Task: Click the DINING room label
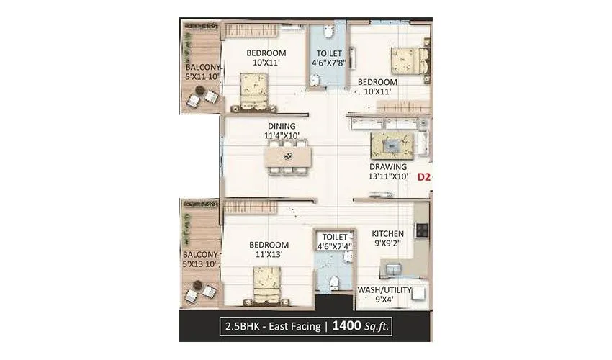(282, 126)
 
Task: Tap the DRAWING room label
(388, 166)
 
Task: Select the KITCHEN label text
(387, 234)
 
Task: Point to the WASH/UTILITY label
(384, 290)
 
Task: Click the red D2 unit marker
(424, 176)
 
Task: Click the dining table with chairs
(287, 156)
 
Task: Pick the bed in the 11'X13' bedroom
(266, 284)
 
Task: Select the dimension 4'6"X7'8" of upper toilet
(329, 63)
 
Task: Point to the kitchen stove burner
(421, 230)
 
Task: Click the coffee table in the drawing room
(392, 146)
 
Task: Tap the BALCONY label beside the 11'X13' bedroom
(199, 255)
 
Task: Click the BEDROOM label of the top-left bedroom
(266, 53)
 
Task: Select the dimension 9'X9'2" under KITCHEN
(387, 244)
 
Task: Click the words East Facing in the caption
(294, 326)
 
